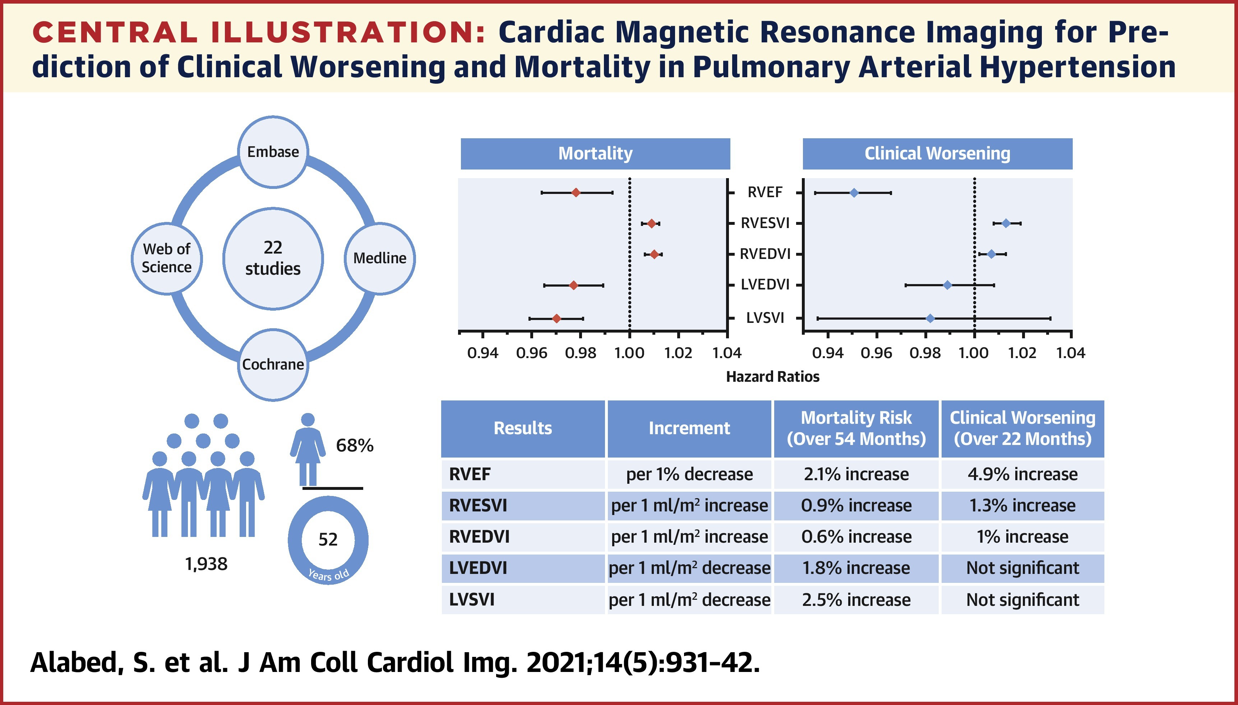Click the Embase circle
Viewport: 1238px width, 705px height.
[x=273, y=152]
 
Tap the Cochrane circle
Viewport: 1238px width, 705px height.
[x=273, y=364]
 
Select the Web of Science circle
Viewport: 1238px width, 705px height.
[x=167, y=258]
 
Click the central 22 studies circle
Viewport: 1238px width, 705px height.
[x=273, y=258]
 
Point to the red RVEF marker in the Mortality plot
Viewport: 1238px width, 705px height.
[x=576, y=193]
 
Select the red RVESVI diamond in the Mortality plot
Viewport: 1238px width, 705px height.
[x=651, y=223]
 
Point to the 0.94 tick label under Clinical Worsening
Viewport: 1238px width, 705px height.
[x=828, y=353]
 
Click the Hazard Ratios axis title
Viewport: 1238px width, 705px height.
[x=772, y=377]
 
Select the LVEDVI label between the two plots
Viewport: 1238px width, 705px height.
[x=765, y=285]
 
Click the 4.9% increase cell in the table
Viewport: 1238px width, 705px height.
[x=1022, y=474]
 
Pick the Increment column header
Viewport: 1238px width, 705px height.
[x=689, y=428]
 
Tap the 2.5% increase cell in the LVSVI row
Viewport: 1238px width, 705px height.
[x=856, y=600]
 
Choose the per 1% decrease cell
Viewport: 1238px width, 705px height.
[x=689, y=474]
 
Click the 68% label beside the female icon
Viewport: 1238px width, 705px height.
[x=355, y=445]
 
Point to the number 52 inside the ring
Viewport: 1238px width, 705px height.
[x=328, y=539]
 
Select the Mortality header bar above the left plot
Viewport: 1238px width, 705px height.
[x=595, y=153]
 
